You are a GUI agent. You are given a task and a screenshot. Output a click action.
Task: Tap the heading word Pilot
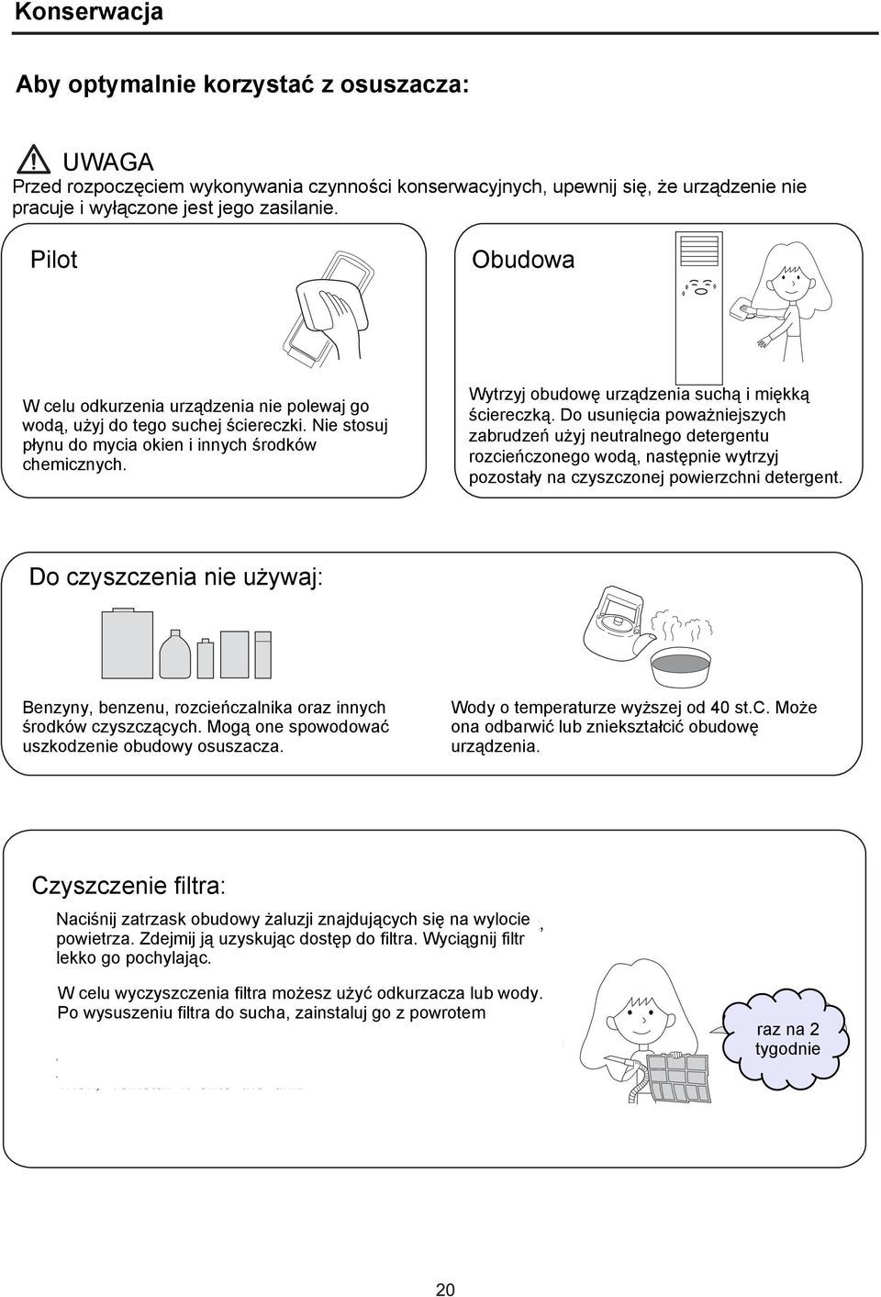click(53, 260)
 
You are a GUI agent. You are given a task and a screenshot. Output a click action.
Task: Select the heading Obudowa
click(523, 260)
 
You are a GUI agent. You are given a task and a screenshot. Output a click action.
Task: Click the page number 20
click(445, 1290)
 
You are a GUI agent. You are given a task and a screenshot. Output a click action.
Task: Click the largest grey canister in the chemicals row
click(128, 643)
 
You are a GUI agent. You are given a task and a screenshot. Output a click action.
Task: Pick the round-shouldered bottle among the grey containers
click(174, 654)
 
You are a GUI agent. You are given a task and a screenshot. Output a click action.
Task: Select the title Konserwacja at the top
click(89, 12)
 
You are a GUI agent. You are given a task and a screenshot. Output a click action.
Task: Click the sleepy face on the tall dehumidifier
click(700, 286)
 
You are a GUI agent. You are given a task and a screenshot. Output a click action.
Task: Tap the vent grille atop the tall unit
click(699, 250)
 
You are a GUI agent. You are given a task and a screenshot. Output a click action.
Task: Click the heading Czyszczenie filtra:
click(128, 886)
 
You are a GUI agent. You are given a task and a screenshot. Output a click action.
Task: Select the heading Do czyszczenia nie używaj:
click(175, 576)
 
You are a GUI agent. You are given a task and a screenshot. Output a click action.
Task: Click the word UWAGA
click(108, 162)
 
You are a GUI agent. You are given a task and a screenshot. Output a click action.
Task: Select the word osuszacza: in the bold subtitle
click(404, 84)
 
